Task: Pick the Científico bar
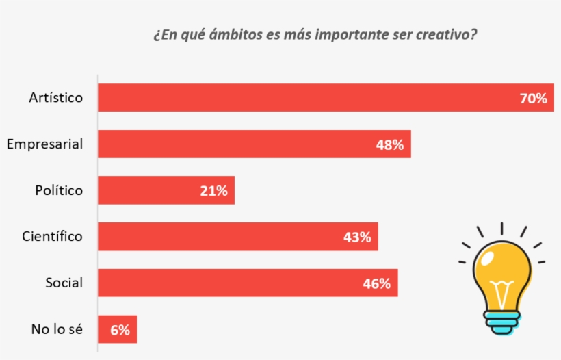point(219,237)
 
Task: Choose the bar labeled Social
point(226,283)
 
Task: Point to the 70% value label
point(534,99)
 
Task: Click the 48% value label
point(390,144)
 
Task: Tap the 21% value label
point(213,191)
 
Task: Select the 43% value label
point(357,237)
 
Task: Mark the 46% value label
point(377,283)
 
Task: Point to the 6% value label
point(120,330)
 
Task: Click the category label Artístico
point(55,97)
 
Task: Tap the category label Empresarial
point(44,144)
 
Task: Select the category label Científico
point(52,236)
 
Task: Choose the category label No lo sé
point(57,329)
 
